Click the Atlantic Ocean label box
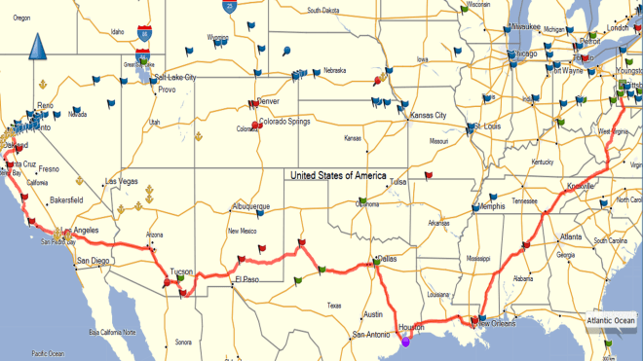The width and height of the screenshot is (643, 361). tap(610, 321)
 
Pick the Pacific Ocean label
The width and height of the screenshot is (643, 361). tap(47, 352)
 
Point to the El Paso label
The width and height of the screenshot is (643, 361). tap(246, 280)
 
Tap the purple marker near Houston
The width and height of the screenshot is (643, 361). tap(406, 342)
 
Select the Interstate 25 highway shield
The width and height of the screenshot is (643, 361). tap(227, 6)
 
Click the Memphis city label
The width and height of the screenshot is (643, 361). tap(491, 206)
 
